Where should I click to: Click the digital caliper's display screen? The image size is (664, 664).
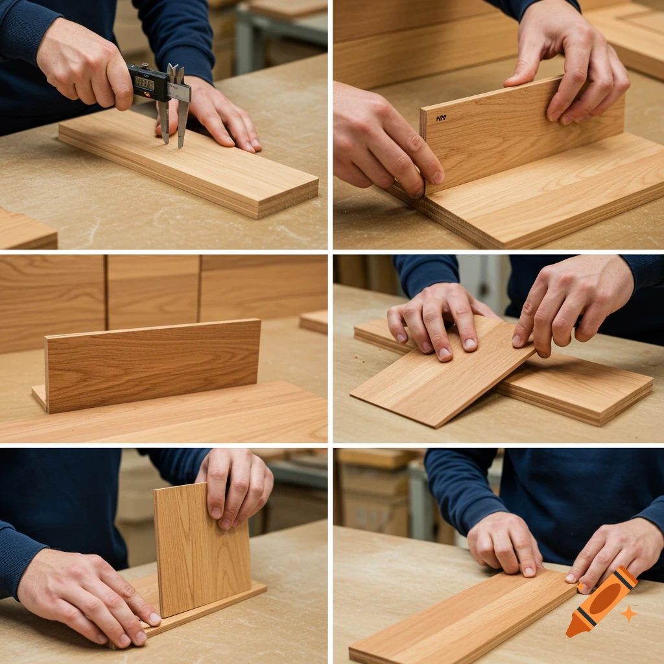[x=143, y=83]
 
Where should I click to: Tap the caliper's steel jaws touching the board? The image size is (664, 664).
[x=173, y=123]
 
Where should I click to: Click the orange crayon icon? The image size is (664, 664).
[x=601, y=601]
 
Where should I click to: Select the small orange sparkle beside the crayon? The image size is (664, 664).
[x=628, y=613]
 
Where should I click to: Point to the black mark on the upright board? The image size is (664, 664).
[x=441, y=119]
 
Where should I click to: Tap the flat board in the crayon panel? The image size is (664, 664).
[x=460, y=619]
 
